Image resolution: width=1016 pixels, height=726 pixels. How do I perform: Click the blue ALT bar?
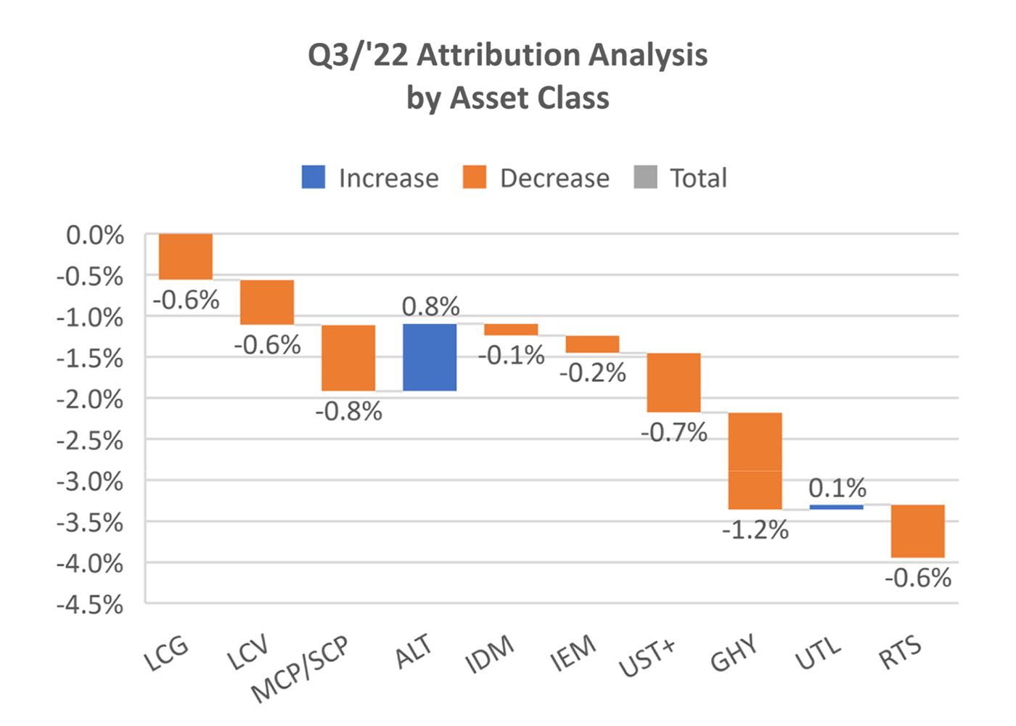click(x=430, y=357)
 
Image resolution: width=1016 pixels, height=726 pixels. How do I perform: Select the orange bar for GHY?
click(x=755, y=460)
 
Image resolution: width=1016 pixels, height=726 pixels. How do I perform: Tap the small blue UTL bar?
click(x=836, y=507)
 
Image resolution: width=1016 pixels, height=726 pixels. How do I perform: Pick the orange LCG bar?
click(x=186, y=256)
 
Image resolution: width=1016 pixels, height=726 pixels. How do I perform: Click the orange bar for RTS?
click(x=917, y=531)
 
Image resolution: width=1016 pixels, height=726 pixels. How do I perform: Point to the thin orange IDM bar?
click(x=511, y=330)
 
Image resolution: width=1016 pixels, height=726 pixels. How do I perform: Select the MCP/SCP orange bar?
click(x=348, y=357)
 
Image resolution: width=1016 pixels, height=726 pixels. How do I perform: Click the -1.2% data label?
click(x=755, y=530)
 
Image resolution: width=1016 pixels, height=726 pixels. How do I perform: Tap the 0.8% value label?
click(x=430, y=306)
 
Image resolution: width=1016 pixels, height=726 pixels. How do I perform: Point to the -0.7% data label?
click(x=673, y=433)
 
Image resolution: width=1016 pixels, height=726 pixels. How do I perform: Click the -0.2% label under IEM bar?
click(x=592, y=373)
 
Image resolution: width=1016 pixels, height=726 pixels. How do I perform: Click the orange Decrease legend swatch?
click(x=475, y=177)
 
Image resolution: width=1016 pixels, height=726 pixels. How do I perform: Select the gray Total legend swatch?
click(x=645, y=177)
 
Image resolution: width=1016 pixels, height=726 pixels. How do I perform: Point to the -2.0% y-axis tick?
click(x=90, y=399)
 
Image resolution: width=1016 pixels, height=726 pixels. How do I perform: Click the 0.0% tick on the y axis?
click(x=95, y=236)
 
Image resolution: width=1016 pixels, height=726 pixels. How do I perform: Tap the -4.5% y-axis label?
click(x=90, y=605)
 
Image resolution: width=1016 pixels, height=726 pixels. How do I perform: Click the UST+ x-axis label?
click(x=647, y=658)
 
